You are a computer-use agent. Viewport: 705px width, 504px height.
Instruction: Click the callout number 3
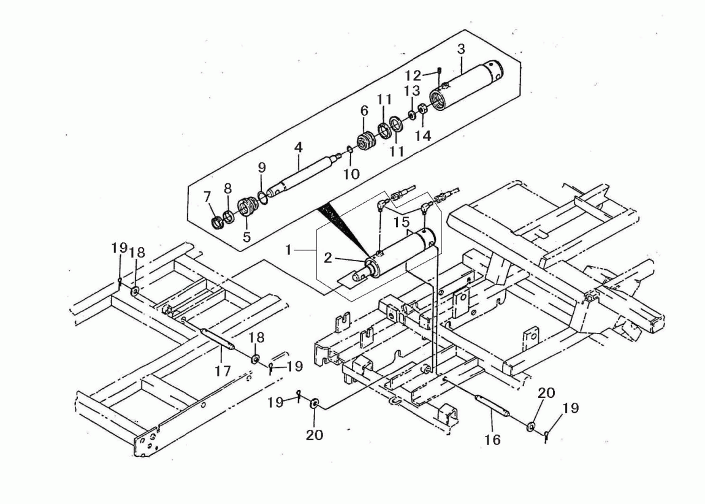[461, 49]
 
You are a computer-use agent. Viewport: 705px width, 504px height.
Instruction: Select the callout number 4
[299, 147]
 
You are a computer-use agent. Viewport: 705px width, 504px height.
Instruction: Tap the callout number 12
[413, 75]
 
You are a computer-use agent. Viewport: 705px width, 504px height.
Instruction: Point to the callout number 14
[423, 136]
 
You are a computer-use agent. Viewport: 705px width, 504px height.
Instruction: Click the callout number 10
[352, 174]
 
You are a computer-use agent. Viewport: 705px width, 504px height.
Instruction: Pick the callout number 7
[207, 196]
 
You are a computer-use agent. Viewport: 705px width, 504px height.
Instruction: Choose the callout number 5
[246, 237]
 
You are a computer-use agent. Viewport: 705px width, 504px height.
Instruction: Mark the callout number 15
[402, 222]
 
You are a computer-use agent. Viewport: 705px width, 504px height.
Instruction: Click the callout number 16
[493, 440]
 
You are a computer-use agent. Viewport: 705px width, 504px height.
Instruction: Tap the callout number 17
[223, 371]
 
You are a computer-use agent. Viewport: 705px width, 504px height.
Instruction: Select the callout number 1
[289, 250]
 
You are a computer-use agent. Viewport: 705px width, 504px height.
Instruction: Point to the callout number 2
[328, 258]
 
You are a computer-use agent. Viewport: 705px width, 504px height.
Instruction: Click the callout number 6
[364, 110]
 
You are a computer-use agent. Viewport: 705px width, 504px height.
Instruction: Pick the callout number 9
[262, 167]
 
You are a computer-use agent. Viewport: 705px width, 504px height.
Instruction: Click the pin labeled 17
[218, 338]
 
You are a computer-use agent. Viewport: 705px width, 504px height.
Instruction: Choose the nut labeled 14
[422, 109]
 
